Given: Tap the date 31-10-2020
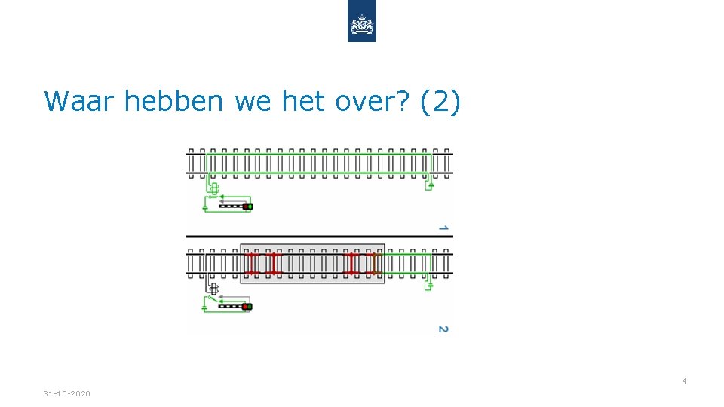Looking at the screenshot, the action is [x=66, y=394].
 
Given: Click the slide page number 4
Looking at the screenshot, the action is [x=684, y=381].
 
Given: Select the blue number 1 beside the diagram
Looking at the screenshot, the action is [x=443, y=227].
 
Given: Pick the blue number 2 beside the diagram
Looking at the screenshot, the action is [x=443, y=329].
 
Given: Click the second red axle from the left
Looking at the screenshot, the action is [x=274, y=263].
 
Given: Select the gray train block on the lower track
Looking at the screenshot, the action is [x=311, y=263].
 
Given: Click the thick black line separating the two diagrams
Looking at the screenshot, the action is [x=320, y=237].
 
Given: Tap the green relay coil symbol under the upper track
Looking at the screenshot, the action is [x=213, y=188].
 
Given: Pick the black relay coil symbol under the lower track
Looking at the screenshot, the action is [x=213, y=289].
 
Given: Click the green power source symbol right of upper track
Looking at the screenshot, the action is [x=429, y=185].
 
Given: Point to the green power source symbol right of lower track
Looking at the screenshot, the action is [x=429, y=285].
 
